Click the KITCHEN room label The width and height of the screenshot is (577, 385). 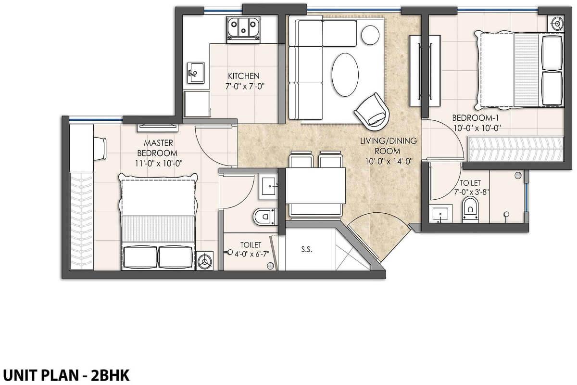coord(244,76)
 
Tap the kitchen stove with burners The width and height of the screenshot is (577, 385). coord(243,28)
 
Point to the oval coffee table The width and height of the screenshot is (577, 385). coord(345,75)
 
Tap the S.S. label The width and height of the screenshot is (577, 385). coord(305,249)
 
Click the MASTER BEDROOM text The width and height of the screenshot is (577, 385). coord(158,148)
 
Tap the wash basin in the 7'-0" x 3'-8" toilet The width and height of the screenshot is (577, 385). coord(441,214)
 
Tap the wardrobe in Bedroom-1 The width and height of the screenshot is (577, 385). coord(515,149)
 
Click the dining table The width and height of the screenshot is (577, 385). coord(315,186)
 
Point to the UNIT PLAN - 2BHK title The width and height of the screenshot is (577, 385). coord(66,375)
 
